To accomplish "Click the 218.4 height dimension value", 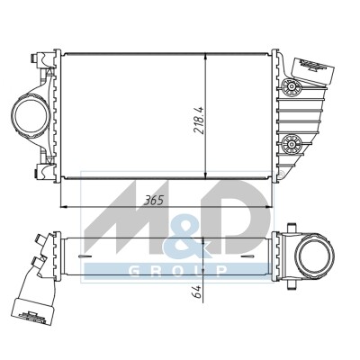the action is coord(199,120).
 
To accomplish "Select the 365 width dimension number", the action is coord(154,200).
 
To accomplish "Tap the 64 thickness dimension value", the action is coord(197,292).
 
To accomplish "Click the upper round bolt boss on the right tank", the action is coord(292,87).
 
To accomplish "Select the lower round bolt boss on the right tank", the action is coord(292,143).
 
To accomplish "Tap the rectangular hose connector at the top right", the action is coord(312,70).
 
